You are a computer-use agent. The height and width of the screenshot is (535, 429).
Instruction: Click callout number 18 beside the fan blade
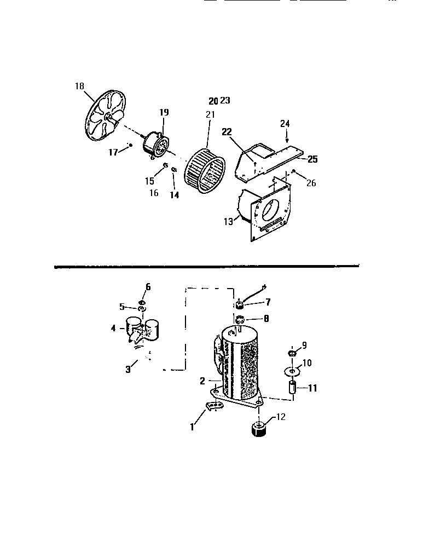[80, 85]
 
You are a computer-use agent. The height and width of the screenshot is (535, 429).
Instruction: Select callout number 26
[311, 183]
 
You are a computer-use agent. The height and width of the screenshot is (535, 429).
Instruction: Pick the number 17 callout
[113, 152]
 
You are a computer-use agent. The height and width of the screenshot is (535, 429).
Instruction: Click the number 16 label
[154, 193]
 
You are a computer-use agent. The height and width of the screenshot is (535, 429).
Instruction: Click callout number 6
[148, 286]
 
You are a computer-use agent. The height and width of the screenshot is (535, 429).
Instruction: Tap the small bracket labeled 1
[215, 406]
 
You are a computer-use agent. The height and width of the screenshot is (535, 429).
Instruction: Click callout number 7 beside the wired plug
[268, 302]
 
